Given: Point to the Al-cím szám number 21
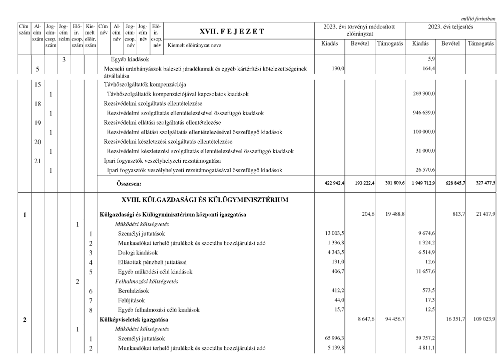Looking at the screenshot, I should [38, 161].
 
